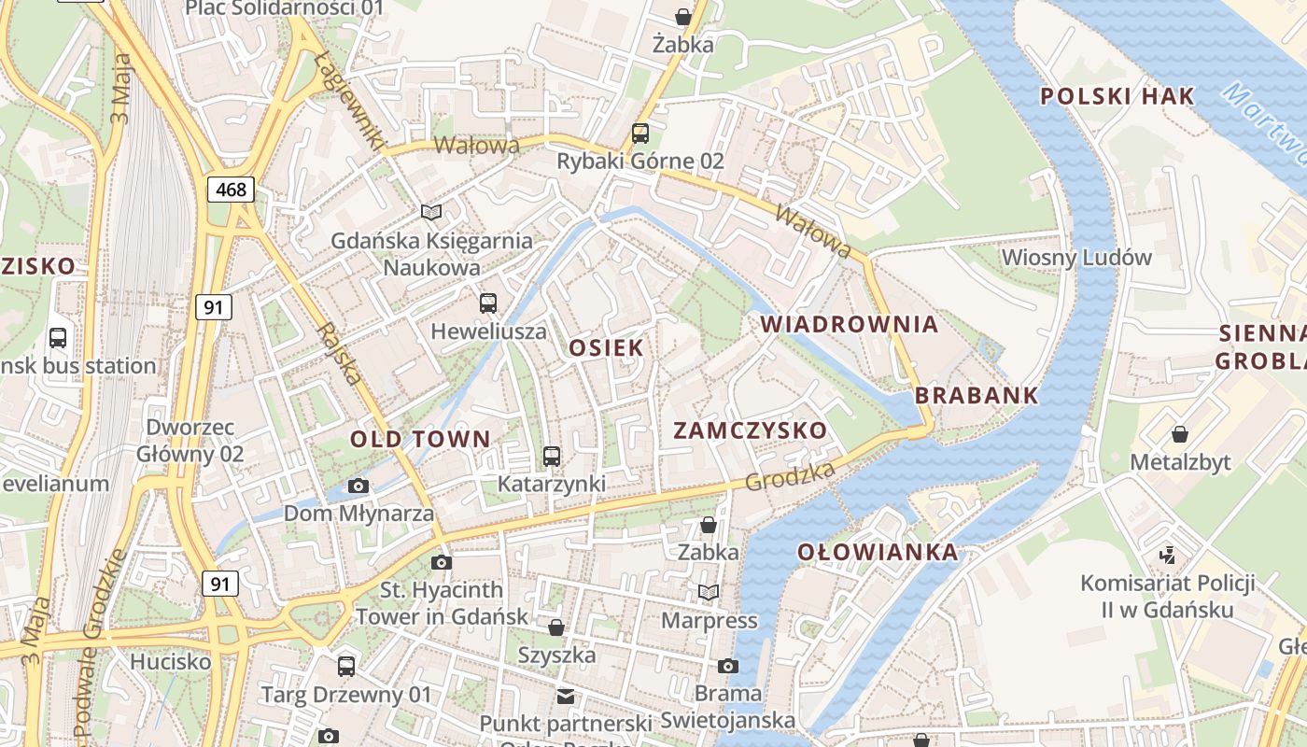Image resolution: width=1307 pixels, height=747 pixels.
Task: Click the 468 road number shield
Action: (231, 190)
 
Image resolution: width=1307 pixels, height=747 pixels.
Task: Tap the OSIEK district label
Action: (607, 348)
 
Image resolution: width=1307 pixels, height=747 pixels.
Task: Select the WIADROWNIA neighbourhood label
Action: (850, 324)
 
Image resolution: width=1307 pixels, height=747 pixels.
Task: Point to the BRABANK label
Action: (977, 395)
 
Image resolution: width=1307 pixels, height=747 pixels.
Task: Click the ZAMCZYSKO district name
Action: (751, 430)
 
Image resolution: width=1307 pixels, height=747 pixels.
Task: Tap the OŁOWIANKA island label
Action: (878, 552)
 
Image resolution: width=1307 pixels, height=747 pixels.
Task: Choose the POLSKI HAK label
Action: (1117, 96)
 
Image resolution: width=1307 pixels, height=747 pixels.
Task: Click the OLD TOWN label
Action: (420, 439)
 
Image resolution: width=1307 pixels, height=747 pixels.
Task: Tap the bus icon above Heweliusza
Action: (488, 303)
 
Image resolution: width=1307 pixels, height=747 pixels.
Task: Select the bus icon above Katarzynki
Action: (552, 456)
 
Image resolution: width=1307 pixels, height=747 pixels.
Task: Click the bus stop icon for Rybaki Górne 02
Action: (640, 133)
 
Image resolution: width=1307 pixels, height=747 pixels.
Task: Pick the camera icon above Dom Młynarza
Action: (358, 486)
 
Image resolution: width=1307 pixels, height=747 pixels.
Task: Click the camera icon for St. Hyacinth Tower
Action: (442, 562)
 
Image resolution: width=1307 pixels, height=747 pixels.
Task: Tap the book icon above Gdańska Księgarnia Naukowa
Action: (430, 212)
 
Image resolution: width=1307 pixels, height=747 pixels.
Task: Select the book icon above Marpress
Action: (709, 592)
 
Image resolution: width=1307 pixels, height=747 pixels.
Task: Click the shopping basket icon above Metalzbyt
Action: (1180, 434)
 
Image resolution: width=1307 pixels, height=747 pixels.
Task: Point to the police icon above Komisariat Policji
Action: (1167, 556)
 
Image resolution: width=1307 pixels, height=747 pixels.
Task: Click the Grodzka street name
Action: (790, 477)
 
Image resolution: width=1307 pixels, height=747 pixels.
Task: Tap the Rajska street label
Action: (338, 355)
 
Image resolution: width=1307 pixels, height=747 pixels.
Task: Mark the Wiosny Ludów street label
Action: (1076, 257)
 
